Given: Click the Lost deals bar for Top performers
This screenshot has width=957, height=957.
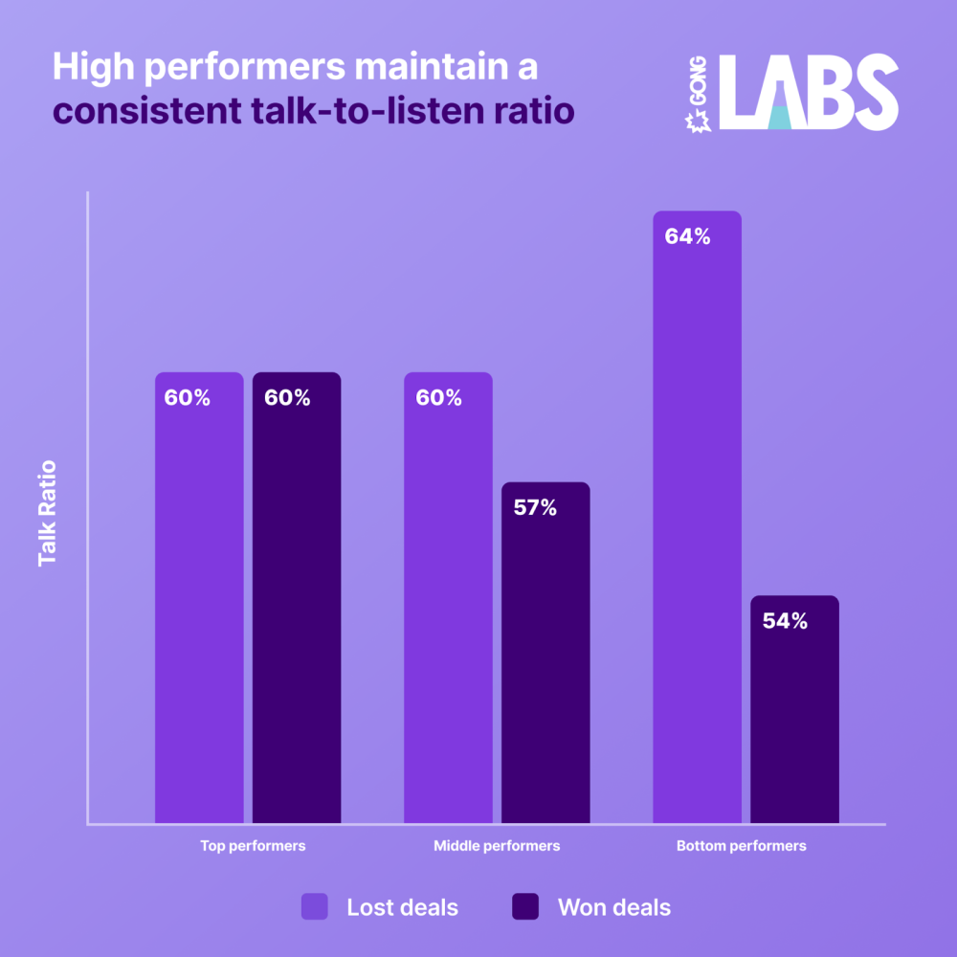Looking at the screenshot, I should [x=199, y=598].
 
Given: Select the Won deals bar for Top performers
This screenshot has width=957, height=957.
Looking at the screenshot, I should [x=297, y=598].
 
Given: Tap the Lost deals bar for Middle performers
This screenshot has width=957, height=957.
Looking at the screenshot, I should [x=448, y=598].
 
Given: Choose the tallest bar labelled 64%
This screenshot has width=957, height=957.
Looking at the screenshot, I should [x=697, y=517].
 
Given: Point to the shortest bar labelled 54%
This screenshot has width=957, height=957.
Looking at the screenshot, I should [x=794, y=709].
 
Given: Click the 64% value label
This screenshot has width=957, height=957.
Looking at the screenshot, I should [x=687, y=236].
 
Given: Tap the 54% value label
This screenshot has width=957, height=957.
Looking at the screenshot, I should [x=785, y=621].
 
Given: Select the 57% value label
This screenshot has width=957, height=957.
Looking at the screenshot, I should [x=535, y=508].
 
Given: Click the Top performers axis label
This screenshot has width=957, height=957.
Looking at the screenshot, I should [x=253, y=846].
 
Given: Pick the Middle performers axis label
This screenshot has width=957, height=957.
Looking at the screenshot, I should [x=497, y=846].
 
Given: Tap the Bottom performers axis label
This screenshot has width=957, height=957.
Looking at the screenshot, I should [x=742, y=846].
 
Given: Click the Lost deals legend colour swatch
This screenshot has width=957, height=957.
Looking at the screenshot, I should [x=315, y=906].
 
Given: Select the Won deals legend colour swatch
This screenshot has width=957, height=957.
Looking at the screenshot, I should [x=525, y=906].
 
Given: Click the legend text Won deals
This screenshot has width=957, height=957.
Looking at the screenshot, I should [x=614, y=907].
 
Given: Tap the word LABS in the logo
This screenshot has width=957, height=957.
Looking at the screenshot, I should [x=808, y=93].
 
